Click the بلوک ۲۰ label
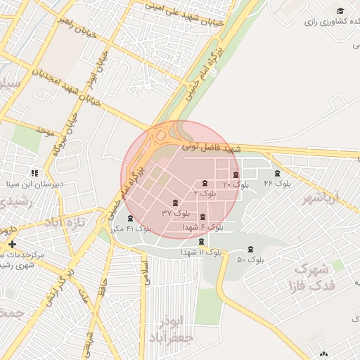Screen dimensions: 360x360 237,184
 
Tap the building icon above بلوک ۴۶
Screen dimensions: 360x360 277,173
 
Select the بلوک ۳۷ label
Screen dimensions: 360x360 176,212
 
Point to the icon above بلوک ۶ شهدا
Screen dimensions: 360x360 203,217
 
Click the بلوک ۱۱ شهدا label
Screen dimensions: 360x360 201,252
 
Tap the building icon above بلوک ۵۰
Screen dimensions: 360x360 250,249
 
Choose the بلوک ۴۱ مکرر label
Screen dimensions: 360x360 131,229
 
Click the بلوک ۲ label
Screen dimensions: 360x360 205,192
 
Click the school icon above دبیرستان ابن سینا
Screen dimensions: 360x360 34,173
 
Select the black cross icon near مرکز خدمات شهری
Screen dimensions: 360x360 12,243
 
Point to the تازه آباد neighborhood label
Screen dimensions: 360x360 70,224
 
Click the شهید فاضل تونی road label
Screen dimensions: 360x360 212,148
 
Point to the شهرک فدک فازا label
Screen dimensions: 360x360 311,277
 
